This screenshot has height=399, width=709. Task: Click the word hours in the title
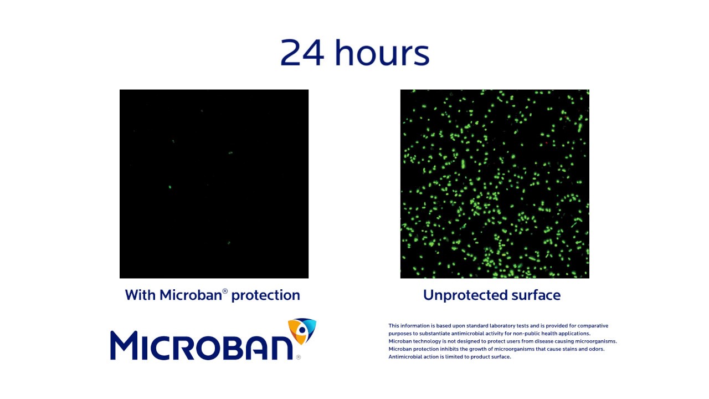click(382, 53)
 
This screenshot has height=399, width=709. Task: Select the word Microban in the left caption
click(191, 295)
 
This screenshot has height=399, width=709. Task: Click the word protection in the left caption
click(265, 295)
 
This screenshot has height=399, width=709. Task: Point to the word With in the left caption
click(141, 295)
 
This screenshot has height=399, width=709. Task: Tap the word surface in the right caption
click(533, 295)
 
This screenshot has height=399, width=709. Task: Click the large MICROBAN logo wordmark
click(202, 345)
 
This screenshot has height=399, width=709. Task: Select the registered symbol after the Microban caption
click(225, 291)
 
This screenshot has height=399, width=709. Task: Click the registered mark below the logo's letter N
click(299, 357)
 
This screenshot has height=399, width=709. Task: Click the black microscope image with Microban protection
click(214, 184)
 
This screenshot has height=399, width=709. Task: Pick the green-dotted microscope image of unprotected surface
click(495, 184)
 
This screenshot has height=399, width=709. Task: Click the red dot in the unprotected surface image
click(546, 143)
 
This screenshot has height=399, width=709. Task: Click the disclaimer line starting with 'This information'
click(498, 326)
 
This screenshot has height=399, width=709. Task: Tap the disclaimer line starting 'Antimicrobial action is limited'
click(449, 357)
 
